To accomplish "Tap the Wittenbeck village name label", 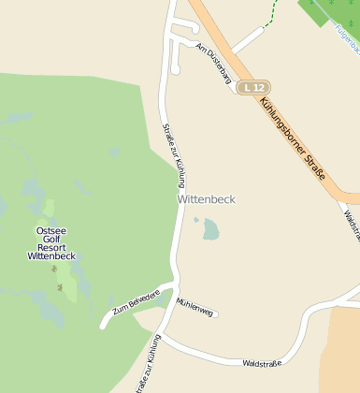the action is coord(207,199).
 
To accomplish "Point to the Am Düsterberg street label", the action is coord(214,65).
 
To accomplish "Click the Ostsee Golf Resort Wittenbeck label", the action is coord(50,242).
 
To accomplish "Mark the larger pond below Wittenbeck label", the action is coord(210,229).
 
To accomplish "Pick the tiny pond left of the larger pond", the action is coord(196,221).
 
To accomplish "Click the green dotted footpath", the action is coord(272,14).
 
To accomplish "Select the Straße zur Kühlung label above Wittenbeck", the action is coord(174,155).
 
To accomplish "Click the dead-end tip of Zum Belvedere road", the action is coord(102,326).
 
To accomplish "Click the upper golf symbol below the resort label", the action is coord(54,269).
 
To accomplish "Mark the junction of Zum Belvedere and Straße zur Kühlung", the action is coord(174,284).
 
